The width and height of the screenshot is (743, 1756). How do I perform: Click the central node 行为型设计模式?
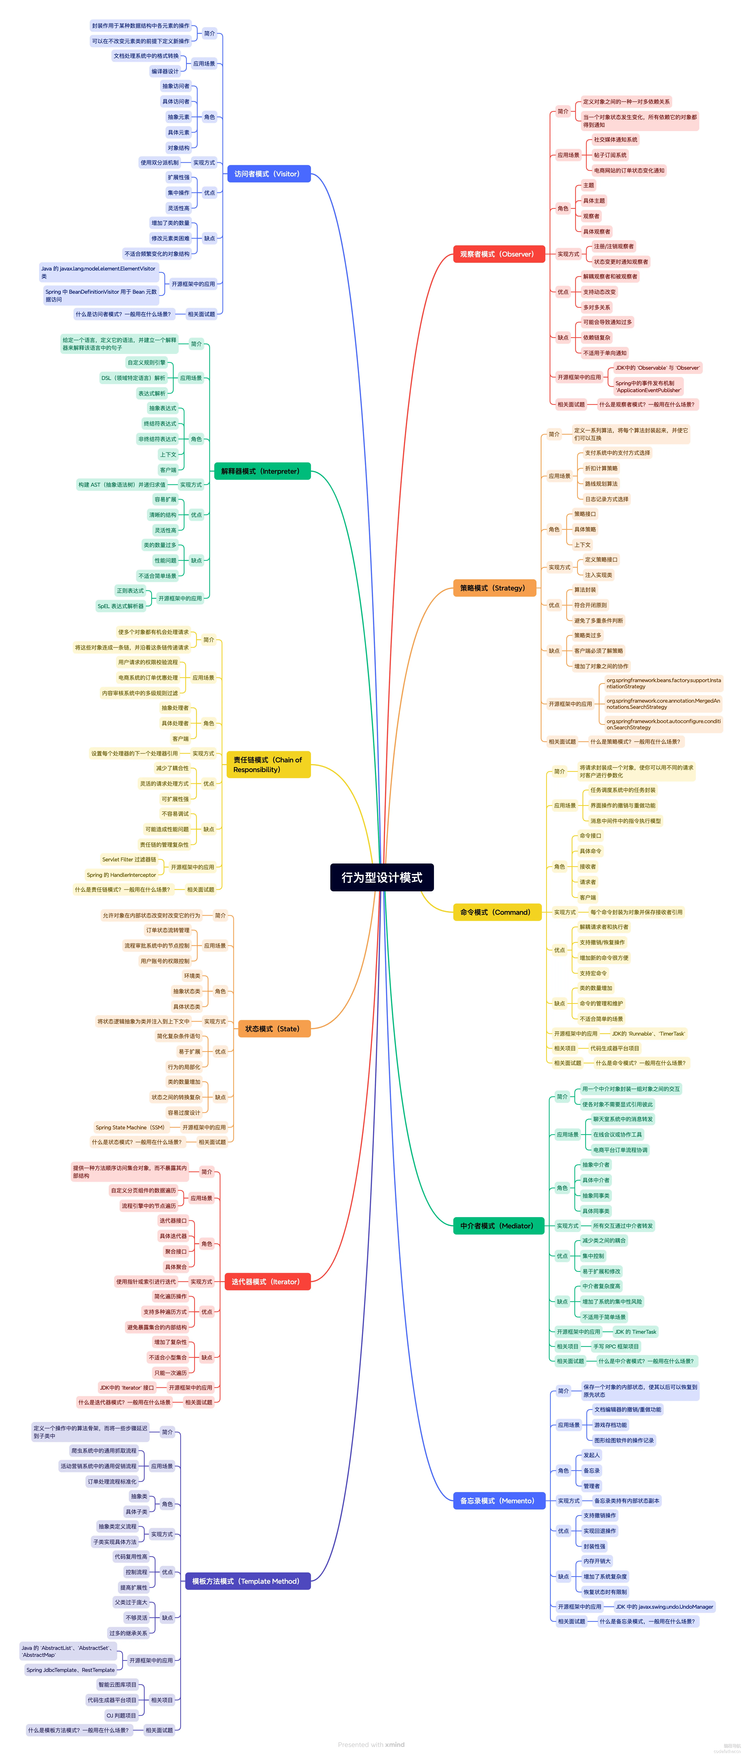[x=382, y=877]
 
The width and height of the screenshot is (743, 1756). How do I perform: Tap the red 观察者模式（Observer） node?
[x=498, y=254]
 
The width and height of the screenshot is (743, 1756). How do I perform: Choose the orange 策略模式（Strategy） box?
[x=494, y=588]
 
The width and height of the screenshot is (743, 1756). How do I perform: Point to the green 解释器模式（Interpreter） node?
[x=261, y=471]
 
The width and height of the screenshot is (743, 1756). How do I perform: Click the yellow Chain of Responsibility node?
[x=268, y=764]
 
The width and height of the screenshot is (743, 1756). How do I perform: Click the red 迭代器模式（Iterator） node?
[x=266, y=1282]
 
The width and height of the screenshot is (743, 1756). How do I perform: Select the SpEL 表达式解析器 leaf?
[x=121, y=606]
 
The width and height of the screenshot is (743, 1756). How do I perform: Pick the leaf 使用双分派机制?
[x=160, y=162]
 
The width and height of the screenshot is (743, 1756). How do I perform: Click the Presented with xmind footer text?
[x=371, y=1744]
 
